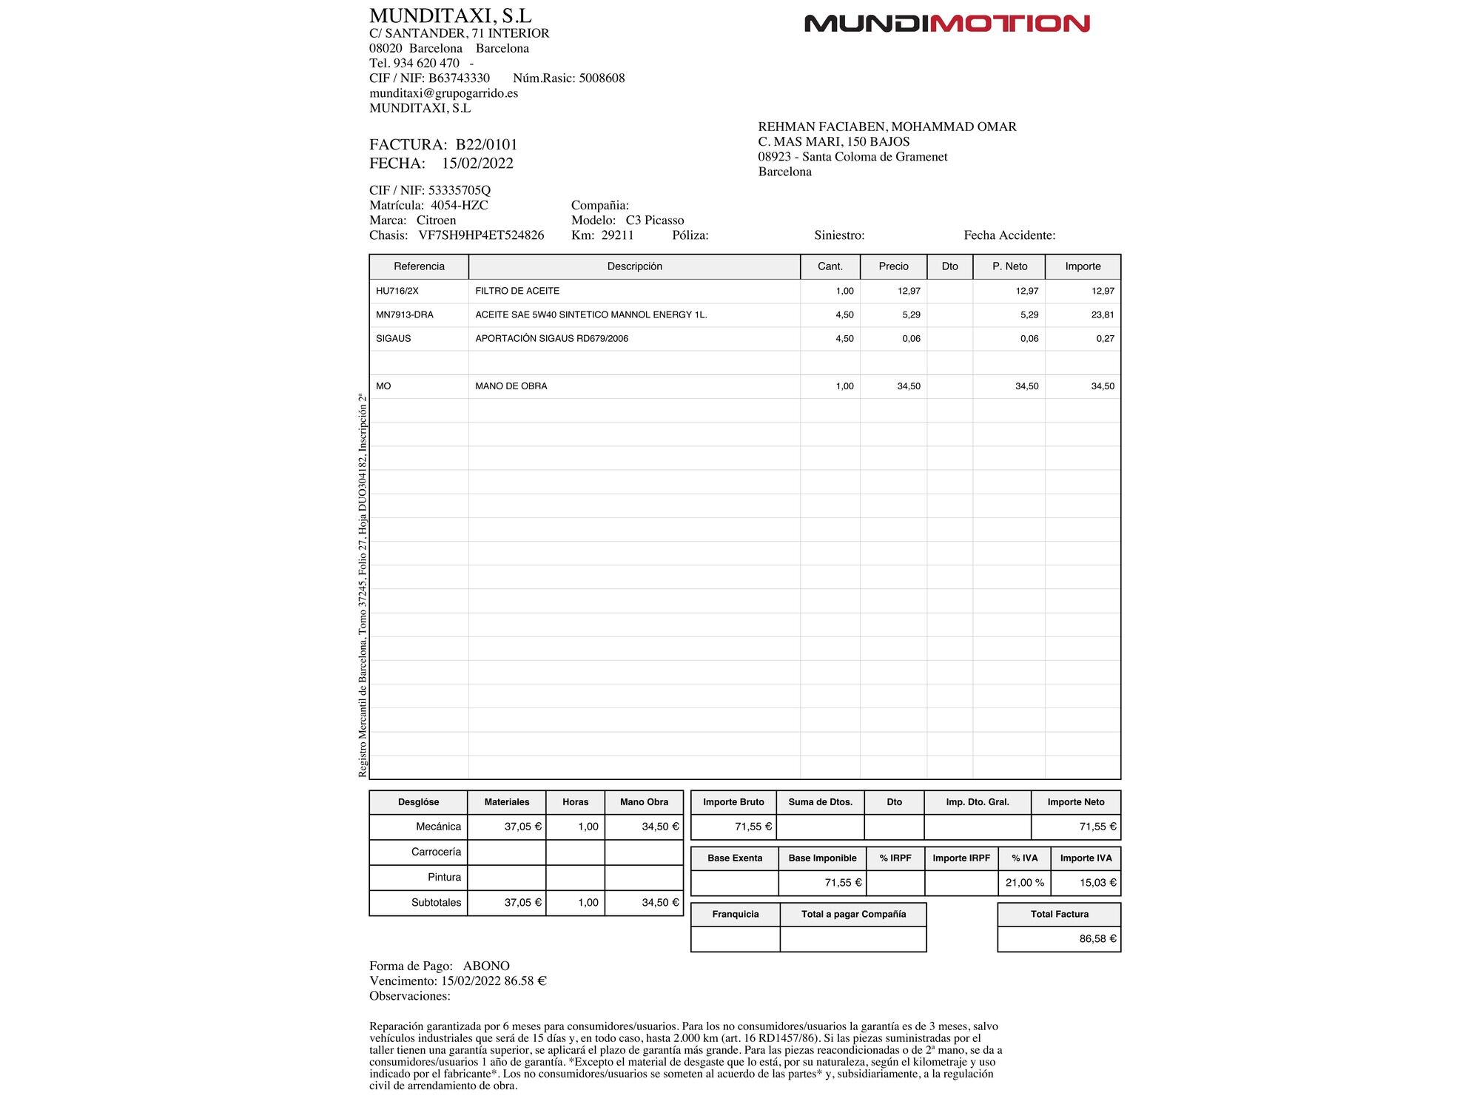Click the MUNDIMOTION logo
pyautogui.click(x=946, y=24)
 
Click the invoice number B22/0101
pyautogui.click(x=486, y=144)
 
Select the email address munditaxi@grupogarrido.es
pyautogui.click(x=443, y=93)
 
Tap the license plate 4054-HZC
pyautogui.click(x=459, y=205)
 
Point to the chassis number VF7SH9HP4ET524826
pyautogui.click(x=481, y=235)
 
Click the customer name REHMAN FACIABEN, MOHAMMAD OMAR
pyautogui.click(x=887, y=127)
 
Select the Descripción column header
pyautogui.click(x=634, y=266)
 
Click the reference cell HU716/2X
pyautogui.click(x=397, y=291)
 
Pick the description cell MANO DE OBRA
pyautogui.click(x=511, y=386)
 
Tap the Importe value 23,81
pyautogui.click(x=1102, y=314)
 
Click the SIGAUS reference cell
pyautogui.click(x=393, y=338)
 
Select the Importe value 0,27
pyautogui.click(x=1105, y=338)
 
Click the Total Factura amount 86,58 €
pyautogui.click(x=1097, y=938)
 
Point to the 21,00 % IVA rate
pyautogui.click(x=1024, y=882)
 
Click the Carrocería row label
pyautogui.click(x=436, y=852)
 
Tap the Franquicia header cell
pyautogui.click(x=735, y=914)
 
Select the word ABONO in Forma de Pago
pyautogui.click(x=486, y=966)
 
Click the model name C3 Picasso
pyautogui.click(x=654, y=221)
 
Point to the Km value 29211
pyautogui.click(x=617, y=235)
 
